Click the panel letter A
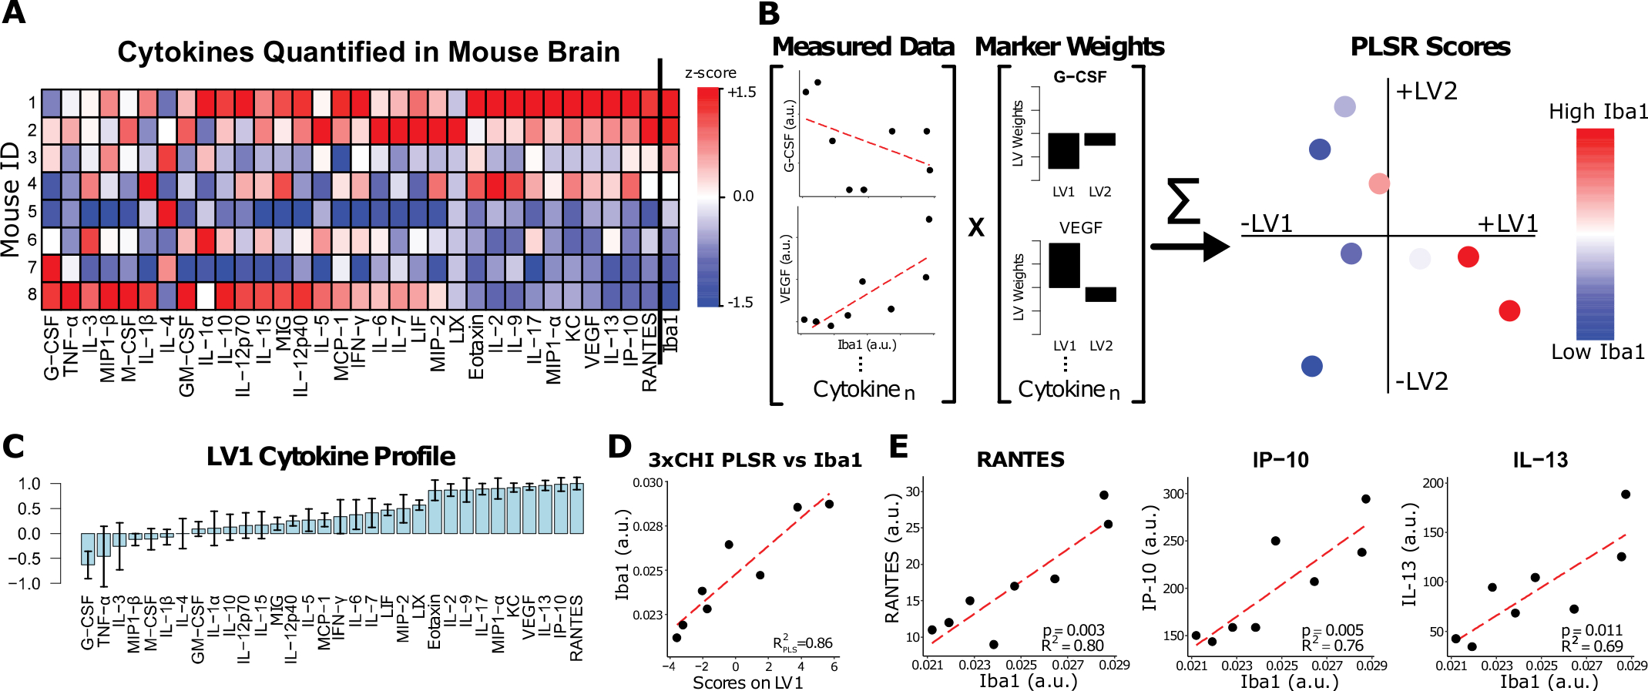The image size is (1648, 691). pos(14,14)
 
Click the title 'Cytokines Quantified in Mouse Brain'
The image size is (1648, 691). pos(368,52)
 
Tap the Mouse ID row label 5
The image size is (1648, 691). pos(32,212)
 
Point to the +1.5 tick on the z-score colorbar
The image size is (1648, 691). pos(741,92)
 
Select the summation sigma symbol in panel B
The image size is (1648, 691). pos(1183,201)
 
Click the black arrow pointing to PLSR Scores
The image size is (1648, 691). pos(1190,247)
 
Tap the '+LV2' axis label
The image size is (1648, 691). pos(1427,92)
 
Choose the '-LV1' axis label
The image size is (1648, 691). pos(1267,223)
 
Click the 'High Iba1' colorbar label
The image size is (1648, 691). pos(1599,112)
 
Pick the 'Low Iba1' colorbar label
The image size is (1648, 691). pos(1597,352)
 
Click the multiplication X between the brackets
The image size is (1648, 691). pos(975,227)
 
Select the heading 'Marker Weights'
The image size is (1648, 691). pos(1069,47)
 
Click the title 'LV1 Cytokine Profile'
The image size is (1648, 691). pos(331,456)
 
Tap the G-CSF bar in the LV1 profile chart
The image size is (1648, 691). pos(88,548)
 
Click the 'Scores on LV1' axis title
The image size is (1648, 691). pos(747,683)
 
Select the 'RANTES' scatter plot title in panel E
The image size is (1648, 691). pos(1020,460)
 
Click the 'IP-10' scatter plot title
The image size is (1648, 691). pos(1280,460)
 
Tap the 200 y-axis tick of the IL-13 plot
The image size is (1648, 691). pos(1433,483)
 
